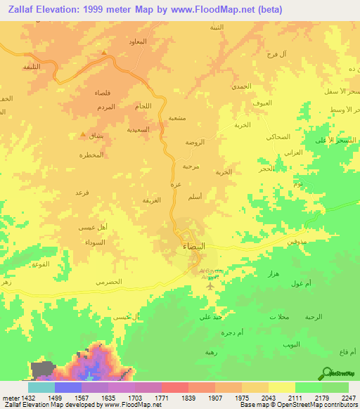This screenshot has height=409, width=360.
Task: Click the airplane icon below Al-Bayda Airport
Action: [x=210, y=285]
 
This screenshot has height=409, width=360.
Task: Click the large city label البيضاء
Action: [x=194, y=247]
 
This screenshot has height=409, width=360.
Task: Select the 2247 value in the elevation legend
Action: [x=349, y=396]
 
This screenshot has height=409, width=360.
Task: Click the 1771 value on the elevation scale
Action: [x=160, y=396]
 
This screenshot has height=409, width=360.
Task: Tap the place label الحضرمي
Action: [x=108, y=281]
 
